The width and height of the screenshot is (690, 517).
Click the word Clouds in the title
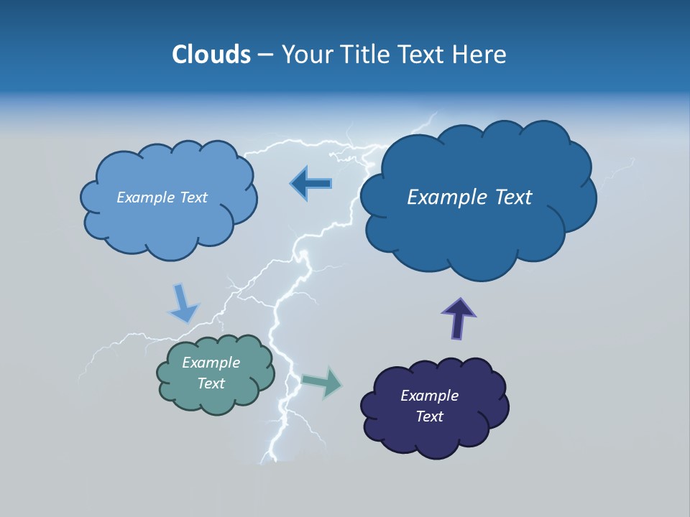coord(211,55)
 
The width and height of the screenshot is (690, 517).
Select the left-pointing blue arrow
coord(310,184)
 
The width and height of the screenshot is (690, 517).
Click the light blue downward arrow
coord(183,304)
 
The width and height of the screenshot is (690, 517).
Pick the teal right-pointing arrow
coord(323,382)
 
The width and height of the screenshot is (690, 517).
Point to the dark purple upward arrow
coord(458,317)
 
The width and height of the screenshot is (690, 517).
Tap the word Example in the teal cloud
coord(211,363)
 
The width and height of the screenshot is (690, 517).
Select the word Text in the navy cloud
coord(429,416)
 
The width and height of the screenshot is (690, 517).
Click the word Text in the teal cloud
coord(211,383)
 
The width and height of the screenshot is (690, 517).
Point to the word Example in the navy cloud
coord(429,396)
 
